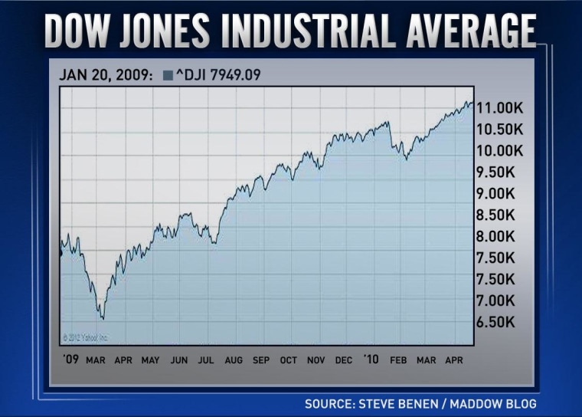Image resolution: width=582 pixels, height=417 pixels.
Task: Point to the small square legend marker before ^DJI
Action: [167, 75]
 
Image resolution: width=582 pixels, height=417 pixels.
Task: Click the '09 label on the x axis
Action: [70, 359]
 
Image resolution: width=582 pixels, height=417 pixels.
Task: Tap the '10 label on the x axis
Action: [371, 359]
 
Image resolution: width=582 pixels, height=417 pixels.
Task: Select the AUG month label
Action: [234, 359]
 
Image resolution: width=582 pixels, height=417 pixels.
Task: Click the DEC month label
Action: [344, 359]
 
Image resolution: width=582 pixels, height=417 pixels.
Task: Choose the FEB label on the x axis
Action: [399, 359]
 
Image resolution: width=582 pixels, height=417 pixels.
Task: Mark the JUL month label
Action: [206, 359]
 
